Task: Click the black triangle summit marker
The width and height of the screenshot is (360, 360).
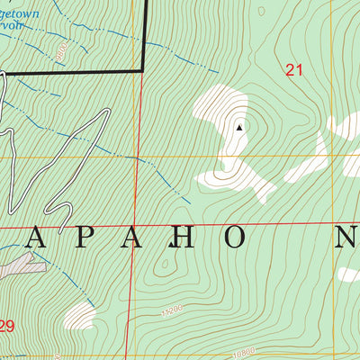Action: (238, 128)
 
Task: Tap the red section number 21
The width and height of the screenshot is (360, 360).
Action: (292, 69)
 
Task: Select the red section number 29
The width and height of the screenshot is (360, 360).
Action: (6, 327)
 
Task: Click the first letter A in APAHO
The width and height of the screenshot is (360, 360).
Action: (38, 238)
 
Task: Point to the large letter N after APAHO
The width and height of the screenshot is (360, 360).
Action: (346, 238)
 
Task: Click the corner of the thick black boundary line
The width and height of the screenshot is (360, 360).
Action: (143, 69)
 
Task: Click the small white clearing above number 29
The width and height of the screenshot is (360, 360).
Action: (79, 315)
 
